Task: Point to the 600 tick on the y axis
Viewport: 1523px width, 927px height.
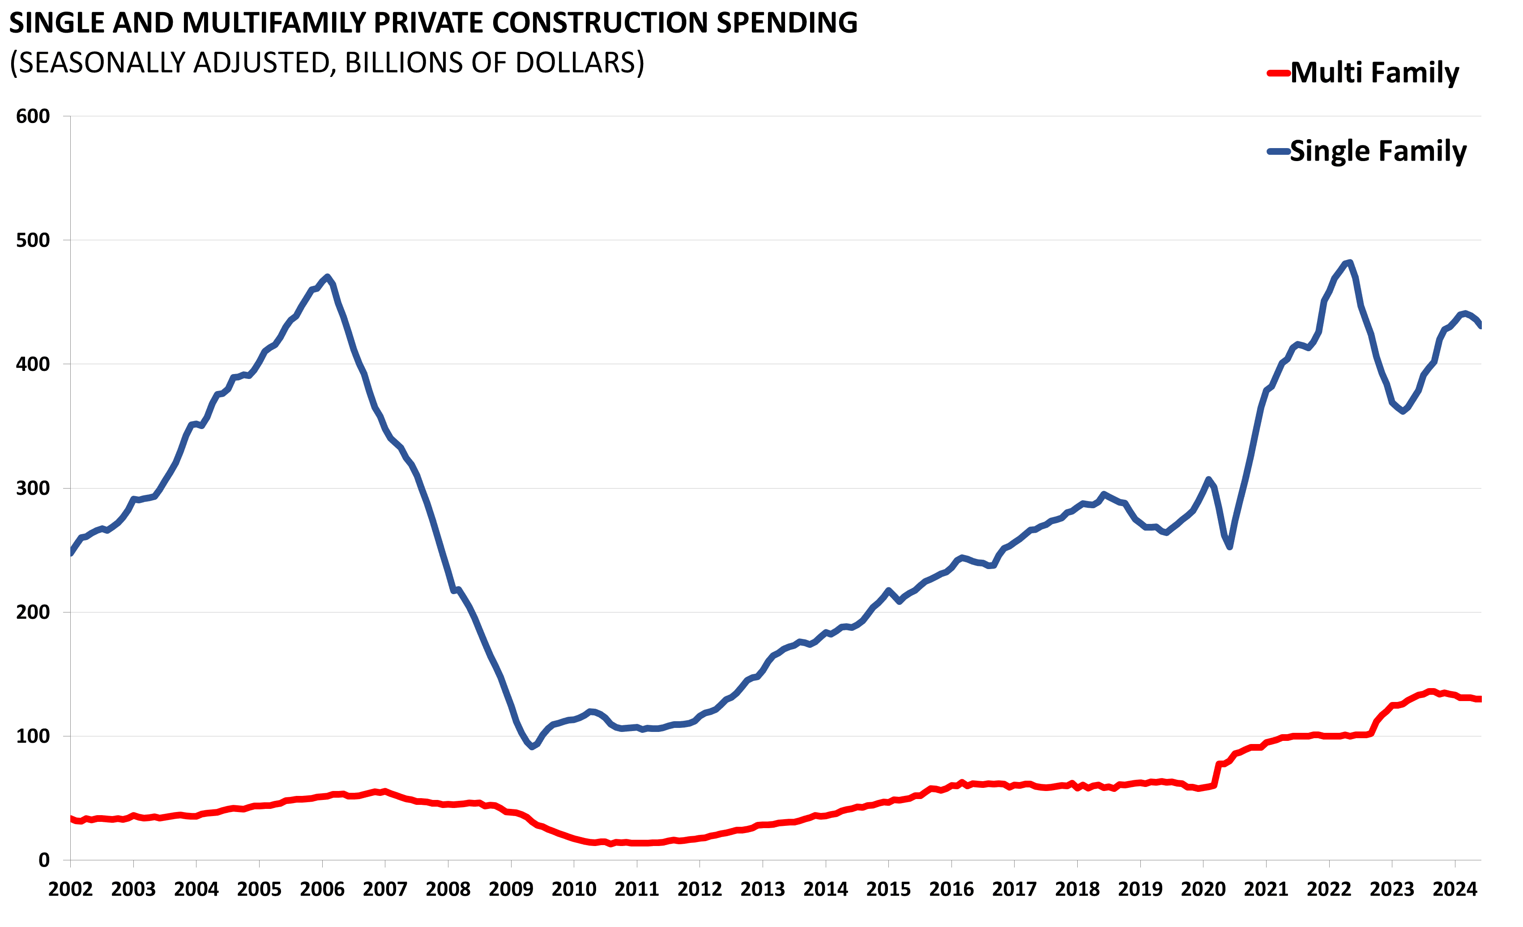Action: pyautogui.click(x=33, y=116)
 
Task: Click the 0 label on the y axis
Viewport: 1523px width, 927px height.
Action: pyautogui.click(x=44, y=860)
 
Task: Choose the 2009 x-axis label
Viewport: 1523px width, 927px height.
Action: pyautogui.click(x=511, y=889)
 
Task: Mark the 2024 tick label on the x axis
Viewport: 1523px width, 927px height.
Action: pyautogui.click(x=1455, y=889)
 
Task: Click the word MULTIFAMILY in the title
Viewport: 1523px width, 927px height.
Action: pyautogui.click(x=274, y=23)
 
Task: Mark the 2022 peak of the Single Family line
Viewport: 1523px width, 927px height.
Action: pyautogui.click(x=1350, y=262)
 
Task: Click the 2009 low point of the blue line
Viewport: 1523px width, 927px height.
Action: pyautogui.click(x=532, y=747)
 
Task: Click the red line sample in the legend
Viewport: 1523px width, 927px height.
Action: pyautogui.click(x=1278, y=73)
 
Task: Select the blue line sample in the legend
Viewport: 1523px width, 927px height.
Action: pyautogui.click(x=1278, y=151)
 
